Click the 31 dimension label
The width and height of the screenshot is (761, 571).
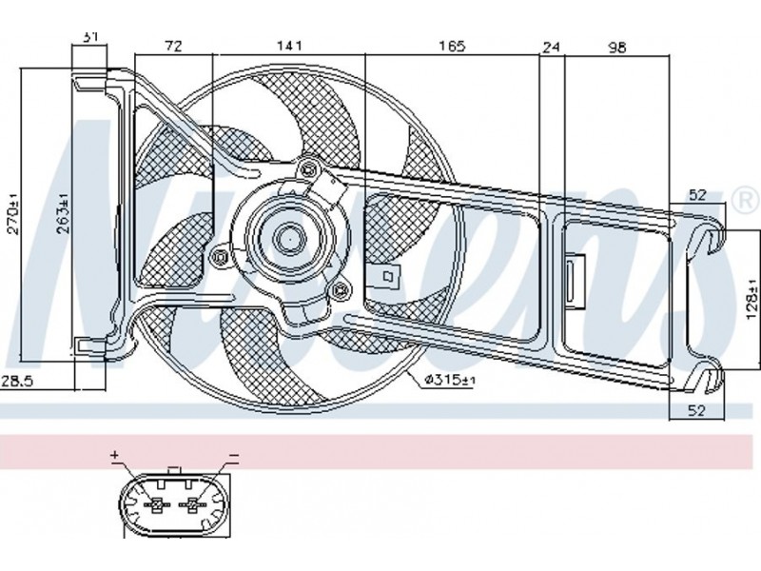click(91, 36)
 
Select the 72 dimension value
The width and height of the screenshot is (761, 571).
click(172, 46)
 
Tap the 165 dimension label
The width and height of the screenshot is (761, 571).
click(451, 46)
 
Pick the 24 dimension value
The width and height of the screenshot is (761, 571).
click(552, 46)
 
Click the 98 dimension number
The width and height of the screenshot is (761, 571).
click(616, 46)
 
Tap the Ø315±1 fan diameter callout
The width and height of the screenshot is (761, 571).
click(447, 380)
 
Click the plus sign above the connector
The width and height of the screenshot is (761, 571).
click(115, 457)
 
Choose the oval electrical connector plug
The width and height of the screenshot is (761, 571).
click(174, 503)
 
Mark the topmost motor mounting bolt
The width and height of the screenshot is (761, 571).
click(306, 170)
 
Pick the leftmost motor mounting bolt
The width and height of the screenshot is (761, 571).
click(221, 255)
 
